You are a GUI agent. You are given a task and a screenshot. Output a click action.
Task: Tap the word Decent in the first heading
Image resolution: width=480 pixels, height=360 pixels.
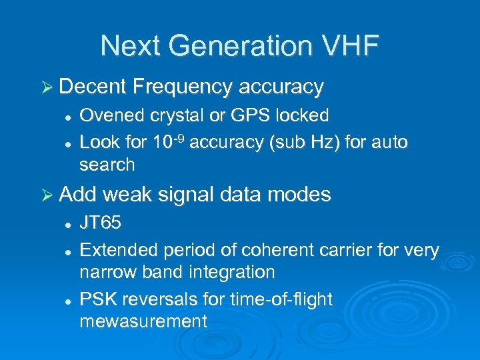93,87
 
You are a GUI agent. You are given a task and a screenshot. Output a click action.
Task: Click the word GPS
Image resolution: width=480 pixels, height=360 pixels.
249,115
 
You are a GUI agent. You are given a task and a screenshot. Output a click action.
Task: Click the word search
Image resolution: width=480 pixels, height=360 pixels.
107,165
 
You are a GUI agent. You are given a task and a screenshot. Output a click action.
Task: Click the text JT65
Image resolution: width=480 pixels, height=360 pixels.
100,223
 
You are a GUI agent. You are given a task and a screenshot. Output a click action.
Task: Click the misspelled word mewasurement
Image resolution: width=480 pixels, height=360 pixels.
143,321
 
